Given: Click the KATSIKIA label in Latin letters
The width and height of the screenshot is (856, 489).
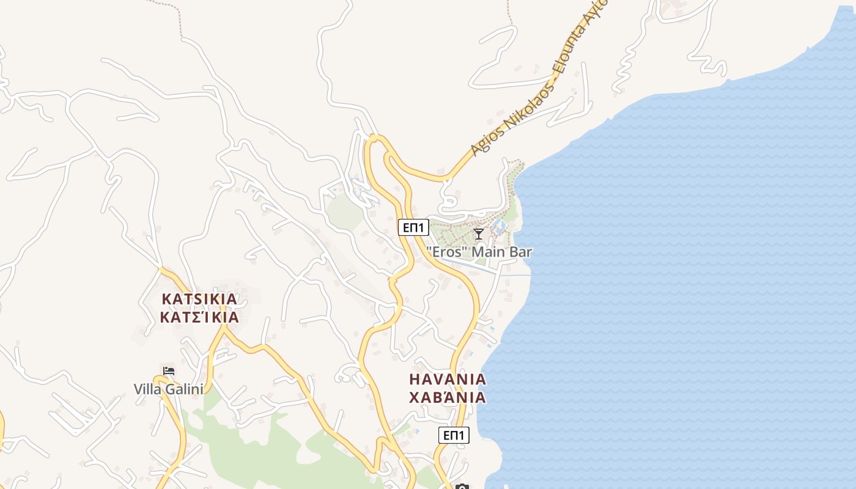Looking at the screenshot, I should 199,299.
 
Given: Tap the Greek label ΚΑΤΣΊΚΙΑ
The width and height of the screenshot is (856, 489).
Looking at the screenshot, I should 199,318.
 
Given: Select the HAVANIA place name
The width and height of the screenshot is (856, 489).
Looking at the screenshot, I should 448,379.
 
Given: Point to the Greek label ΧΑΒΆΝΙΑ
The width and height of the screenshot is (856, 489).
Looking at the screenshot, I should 448,397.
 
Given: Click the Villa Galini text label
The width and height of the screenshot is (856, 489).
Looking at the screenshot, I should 168,389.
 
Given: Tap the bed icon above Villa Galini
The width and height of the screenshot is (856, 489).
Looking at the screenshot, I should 169,370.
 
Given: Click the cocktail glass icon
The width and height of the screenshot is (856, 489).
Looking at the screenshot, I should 479,234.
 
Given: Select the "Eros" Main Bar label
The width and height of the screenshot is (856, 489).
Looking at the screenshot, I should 479,251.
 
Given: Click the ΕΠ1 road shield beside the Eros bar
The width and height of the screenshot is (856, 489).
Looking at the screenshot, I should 413,227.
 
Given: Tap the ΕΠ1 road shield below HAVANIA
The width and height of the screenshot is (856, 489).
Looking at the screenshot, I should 454,435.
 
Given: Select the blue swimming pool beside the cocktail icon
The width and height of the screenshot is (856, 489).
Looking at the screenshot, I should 499,227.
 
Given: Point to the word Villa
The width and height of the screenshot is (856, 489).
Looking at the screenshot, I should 147,389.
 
